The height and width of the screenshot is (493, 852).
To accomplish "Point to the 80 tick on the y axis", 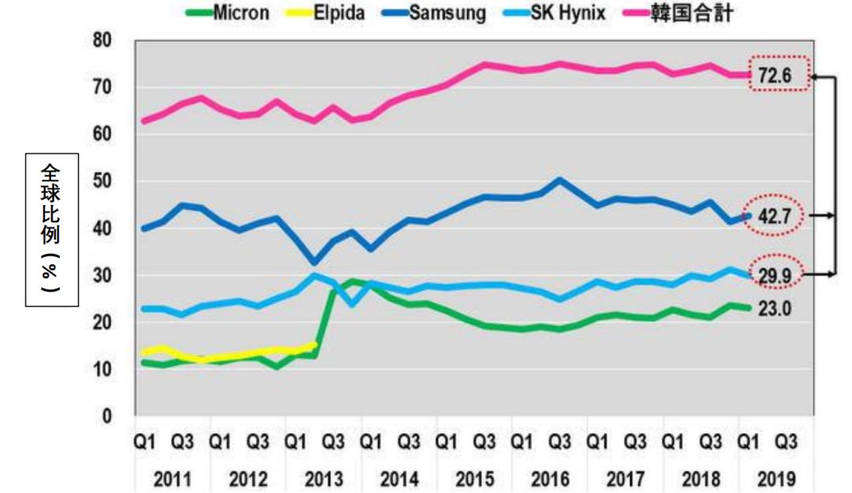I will tap(102, 40).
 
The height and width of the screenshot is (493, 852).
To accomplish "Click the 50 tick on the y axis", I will tap(102, 181).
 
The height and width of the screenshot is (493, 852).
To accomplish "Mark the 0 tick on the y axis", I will tap(106, 416).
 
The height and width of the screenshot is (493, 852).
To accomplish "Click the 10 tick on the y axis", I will tap(102, 369).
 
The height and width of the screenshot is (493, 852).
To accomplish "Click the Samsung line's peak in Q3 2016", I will tap(559, 179).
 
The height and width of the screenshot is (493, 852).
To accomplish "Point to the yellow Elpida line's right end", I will tap(315, 345).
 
